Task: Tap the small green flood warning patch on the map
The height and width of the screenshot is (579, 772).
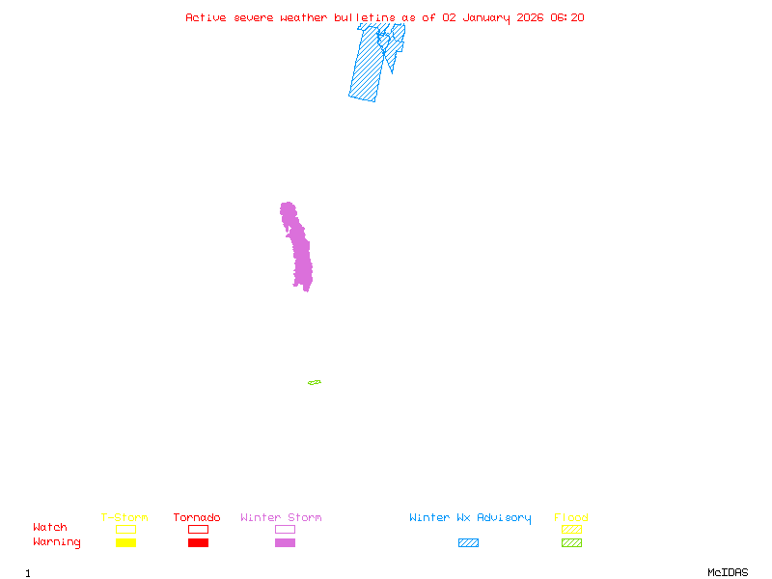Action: click(x=315, y=383)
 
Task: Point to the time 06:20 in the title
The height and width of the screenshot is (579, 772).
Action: click(x=567, y=17)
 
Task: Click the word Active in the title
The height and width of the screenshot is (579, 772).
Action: click(x=207, y=17)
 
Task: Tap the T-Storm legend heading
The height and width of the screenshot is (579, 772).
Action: click(x=124, y=518)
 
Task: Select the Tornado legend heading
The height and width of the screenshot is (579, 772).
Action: click(x=197, y=518)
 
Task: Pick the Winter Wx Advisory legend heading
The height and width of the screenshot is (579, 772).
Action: click(x=470, y=518)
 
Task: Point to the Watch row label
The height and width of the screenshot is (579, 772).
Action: click(x=50, y=528)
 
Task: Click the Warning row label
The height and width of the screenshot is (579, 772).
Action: click(x=57, y=542)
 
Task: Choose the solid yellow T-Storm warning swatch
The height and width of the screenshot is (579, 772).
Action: click(x=125, y=542)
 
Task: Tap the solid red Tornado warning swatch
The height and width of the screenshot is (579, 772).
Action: click(x=198, y=542)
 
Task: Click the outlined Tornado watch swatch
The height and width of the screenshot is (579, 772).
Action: click(x=198, y=529)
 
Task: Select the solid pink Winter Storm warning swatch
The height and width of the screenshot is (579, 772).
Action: click(x=285, y=542)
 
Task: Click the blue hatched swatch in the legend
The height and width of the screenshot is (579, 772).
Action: click(x=468, y=542)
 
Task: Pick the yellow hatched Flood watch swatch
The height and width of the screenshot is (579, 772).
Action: click(x=571, y=529)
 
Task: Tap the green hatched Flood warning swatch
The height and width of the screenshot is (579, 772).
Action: click(x=571, y=542)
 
